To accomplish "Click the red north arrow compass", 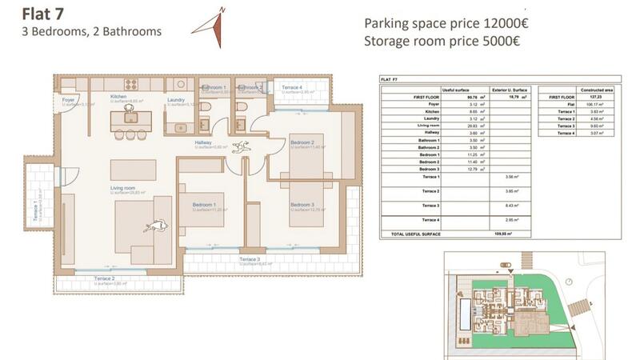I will click(x=210, y=27).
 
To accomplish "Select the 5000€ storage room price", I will click(x=498, y=42).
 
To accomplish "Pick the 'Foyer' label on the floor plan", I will click(x=68, y=99).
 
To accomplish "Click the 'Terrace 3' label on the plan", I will click(x=250, y=259).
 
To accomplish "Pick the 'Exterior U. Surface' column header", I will click(x=509, y=90).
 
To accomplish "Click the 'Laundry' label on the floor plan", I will click(x=176, y=100).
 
